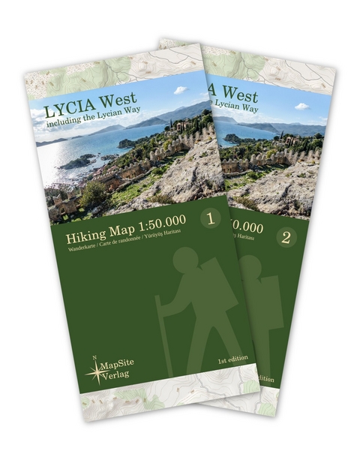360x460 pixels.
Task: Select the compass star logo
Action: click(x=96, y=370)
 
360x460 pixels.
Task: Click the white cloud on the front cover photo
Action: click(x=180, y=91)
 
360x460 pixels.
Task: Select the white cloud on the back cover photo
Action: click(x=301, y=107)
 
